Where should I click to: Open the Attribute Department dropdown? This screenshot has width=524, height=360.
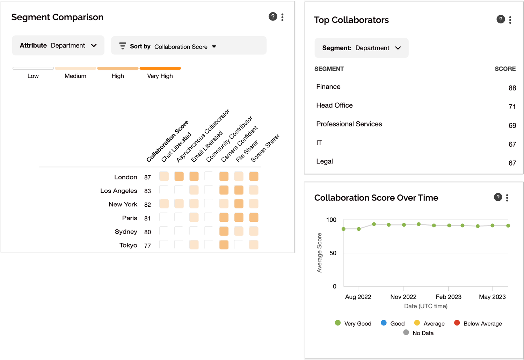(58, 45)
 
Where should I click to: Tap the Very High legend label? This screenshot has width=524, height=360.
(160, 76)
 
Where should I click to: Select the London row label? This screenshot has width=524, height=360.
(125, 177)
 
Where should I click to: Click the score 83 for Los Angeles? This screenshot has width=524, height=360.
(147, 191)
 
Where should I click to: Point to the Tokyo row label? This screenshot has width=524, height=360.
(128, 245)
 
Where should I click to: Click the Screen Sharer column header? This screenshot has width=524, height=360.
(265, 148)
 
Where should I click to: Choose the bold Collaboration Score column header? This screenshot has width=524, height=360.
(167, 141)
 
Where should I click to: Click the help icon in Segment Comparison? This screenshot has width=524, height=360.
(273, 16)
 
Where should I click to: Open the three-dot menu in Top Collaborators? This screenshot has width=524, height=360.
(510, 20)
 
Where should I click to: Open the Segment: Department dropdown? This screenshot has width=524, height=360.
(361, 48)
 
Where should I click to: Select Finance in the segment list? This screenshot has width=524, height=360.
(328, 87)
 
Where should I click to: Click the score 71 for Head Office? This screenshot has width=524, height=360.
(512, 107)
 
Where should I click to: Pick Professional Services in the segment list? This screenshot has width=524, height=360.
(349, 124)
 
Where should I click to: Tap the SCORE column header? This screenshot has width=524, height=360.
(505, 69)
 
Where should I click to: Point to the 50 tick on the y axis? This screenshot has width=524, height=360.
(333, 253)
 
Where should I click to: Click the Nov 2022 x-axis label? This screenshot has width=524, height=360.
(403, 297)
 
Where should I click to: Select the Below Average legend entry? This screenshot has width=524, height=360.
(482, 324)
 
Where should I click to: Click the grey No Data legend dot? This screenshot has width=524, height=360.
(406, 332)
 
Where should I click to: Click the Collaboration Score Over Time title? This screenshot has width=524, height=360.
(376, 198)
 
